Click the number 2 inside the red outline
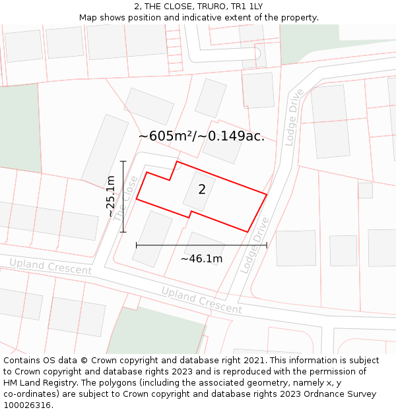[202, 190]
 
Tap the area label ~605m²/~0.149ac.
[201, 136]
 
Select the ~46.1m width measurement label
[201, 258]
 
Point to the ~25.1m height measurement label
[111, 196]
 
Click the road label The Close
[125, 198]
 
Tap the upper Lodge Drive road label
[294, 116]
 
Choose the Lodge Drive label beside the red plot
[255, 245]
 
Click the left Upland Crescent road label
[50, 267]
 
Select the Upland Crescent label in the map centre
[201, 301]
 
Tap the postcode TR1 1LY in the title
[247, 7]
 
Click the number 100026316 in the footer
[27, 405]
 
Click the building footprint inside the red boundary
[203, 192]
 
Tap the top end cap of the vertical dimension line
[123, 161]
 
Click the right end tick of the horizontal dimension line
[267, 245]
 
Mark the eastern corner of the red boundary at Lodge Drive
[267, 194]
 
